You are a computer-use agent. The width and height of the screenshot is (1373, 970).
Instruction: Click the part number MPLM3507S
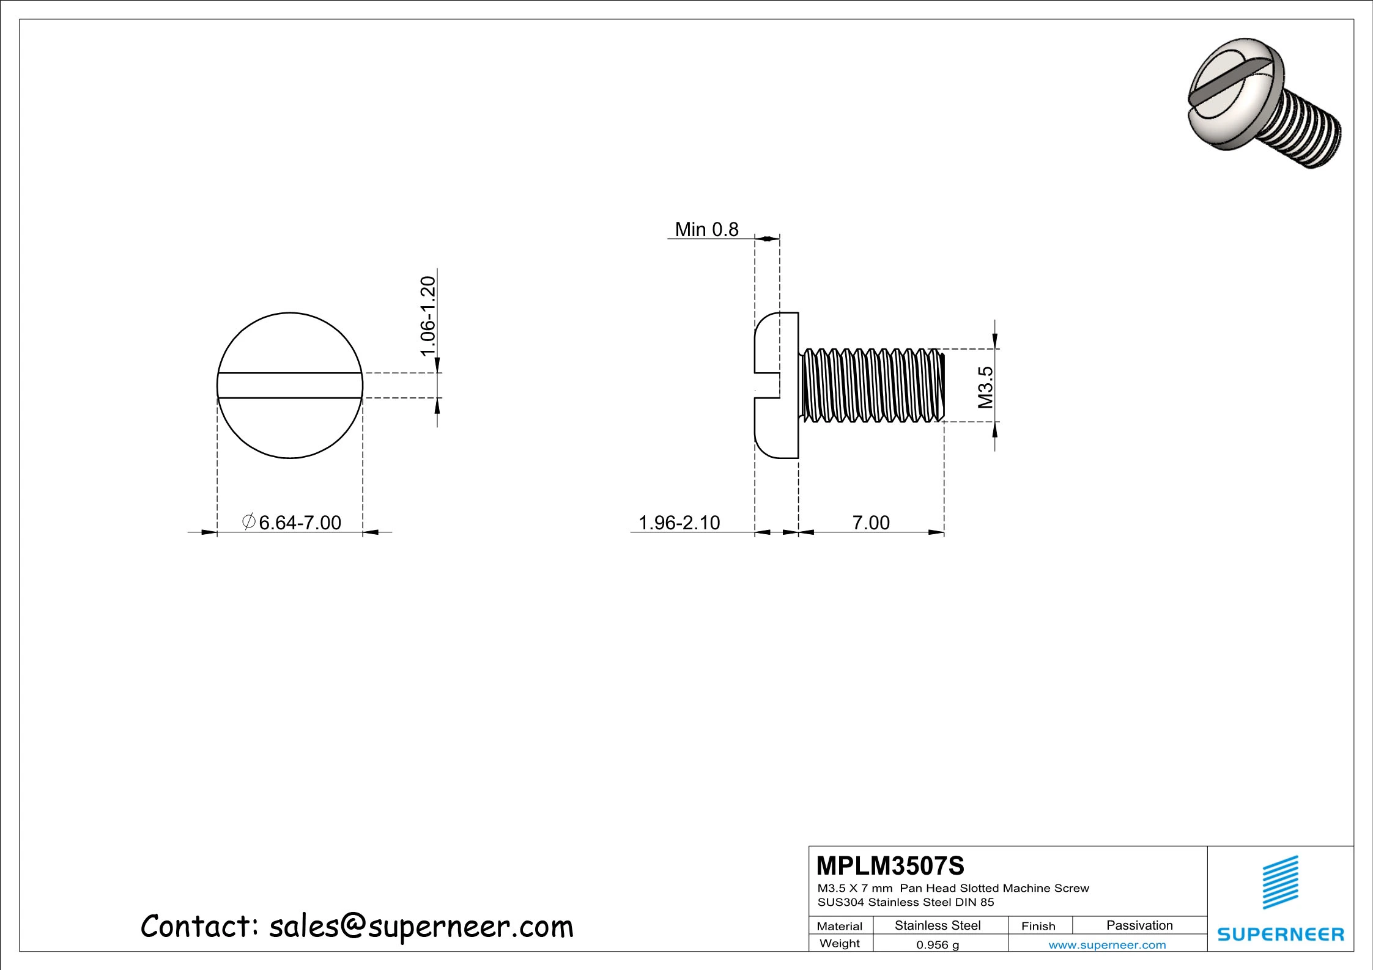[890, 866]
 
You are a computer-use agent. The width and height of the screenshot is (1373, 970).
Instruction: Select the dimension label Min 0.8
[706, 229]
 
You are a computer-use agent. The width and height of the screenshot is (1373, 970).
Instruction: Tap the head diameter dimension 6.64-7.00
[300, 523]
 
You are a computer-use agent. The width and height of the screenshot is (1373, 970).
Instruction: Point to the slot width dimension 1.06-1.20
[428, 315]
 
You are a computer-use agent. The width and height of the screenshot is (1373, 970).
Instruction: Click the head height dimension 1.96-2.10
[679, 523]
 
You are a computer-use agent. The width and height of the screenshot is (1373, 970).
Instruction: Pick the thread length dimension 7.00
[871, 523]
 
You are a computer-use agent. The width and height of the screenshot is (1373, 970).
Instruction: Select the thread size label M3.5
[985, 387]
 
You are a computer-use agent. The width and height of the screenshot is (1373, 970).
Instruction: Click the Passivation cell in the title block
[1139, 925]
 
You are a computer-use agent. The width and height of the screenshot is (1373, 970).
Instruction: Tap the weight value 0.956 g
[937, 945]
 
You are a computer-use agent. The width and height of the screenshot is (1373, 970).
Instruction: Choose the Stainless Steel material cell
[937, 925]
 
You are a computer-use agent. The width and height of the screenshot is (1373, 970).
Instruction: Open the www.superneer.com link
[1107, 945]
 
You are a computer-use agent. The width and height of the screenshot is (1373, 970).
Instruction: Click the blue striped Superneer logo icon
[1281, 882]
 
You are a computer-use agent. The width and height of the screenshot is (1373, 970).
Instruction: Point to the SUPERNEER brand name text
[1281, 934]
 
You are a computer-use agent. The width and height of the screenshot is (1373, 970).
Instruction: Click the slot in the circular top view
[290, 386]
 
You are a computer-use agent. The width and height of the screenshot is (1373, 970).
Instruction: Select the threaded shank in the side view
[872, 385]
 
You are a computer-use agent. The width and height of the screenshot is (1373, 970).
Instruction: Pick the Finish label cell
[1038, 926]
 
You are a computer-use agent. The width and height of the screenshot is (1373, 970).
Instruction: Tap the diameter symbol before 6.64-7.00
[248, 522]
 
